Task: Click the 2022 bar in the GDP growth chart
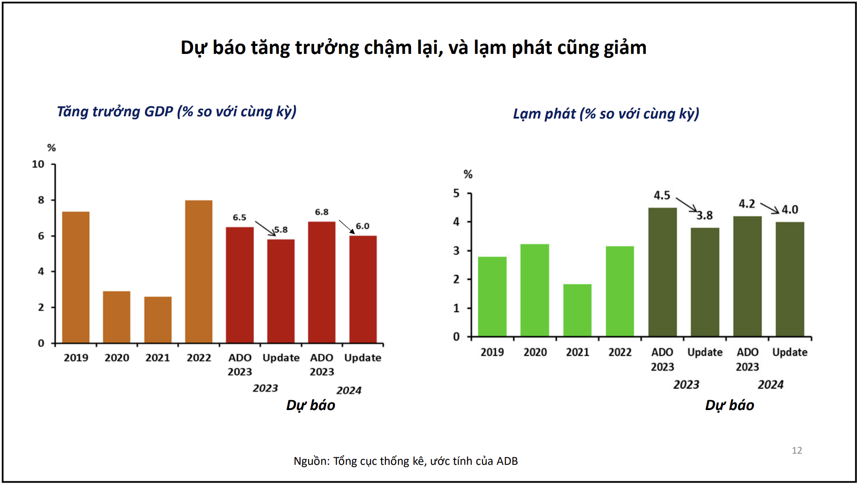(199, 272)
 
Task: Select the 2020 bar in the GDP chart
(117, 317)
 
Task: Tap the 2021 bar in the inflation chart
(577, 310)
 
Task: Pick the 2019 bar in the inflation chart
(492, 296)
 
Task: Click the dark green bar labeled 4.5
(662, 272)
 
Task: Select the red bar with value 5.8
(281, 291)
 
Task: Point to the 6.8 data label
(322, 212)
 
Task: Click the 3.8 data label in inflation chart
(705, 216)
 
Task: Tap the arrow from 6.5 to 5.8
(265, 228)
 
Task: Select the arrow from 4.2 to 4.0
(770, 208)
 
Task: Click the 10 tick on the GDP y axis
(38, 164)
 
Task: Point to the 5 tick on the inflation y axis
(456, 193)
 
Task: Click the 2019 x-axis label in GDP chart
(76, 358)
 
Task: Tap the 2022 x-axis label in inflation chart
(620, 353)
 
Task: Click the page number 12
(797, 451)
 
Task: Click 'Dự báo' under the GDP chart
(310, 405)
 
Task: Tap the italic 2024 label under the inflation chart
(771, 385)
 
